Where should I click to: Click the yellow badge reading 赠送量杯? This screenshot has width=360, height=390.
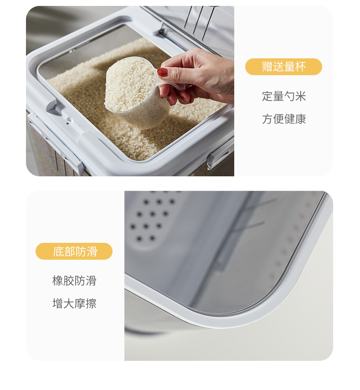[x=283, y=67]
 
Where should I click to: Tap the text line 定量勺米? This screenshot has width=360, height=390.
[x=283, y=96]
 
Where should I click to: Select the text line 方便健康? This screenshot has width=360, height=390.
[x=283, y=119]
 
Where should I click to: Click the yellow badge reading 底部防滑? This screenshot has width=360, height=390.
[x=74, y=251]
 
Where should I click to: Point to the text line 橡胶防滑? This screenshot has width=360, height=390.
[x=74, y=281]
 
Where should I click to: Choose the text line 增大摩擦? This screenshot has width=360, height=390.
[x=74, y=303]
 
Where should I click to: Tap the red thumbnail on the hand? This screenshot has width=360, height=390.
[x=162, y=72]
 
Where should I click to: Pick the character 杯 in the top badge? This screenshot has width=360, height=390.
[x=300, y=67]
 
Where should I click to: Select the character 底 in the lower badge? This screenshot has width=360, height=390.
[x=58, y=251]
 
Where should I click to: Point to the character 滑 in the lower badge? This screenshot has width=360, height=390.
[x=91, y=251]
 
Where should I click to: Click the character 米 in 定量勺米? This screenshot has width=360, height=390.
[x=300, y=96]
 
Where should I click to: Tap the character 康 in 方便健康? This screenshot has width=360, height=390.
[x=300, y=119]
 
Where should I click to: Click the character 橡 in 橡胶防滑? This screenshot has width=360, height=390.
[x=58, y=281]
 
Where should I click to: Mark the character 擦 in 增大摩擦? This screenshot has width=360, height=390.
[x=91, y=303]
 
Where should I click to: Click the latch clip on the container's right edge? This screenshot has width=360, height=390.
[x=218, y=157]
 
